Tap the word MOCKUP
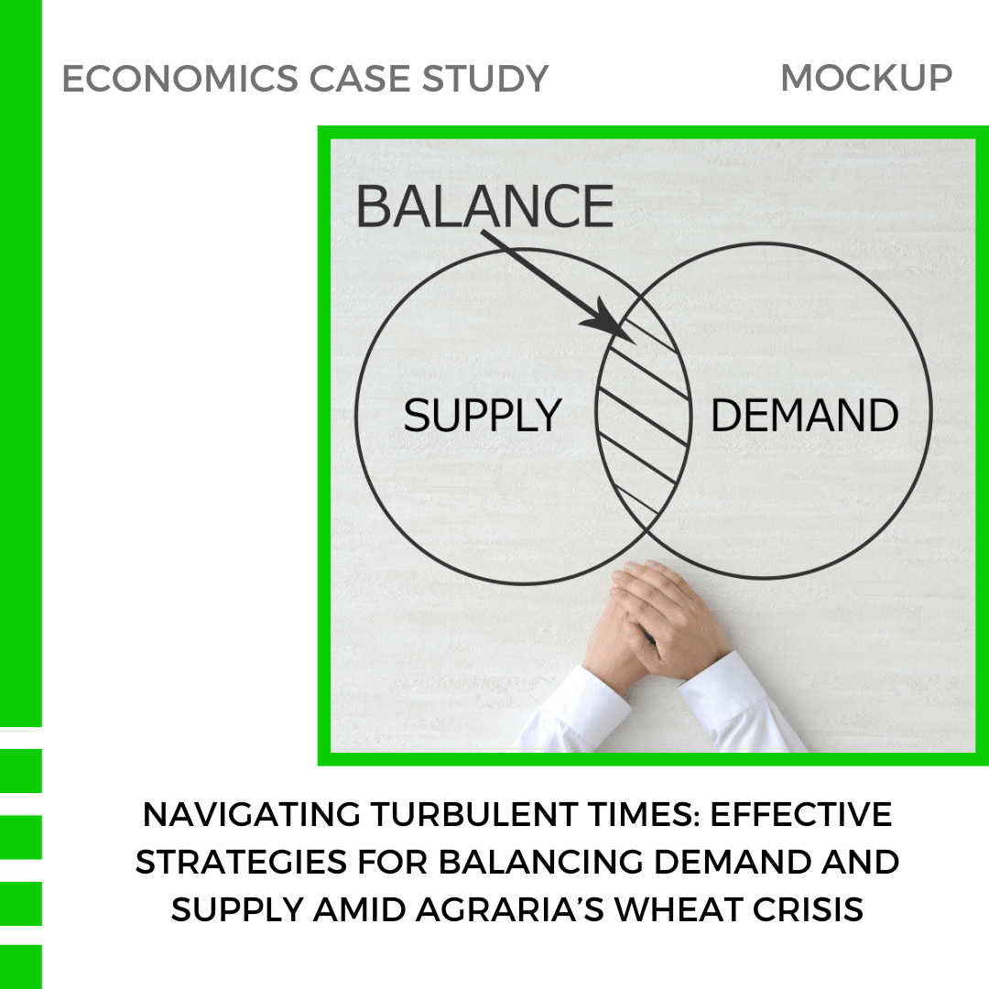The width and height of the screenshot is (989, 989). (x=866, y=78)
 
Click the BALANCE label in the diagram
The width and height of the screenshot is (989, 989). (x=484, y=206)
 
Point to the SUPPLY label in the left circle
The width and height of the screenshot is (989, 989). (x=482, y=417)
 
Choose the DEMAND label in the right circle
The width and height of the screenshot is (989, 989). (x=805, y=417)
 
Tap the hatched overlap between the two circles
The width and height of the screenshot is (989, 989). (x=643, y=412)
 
